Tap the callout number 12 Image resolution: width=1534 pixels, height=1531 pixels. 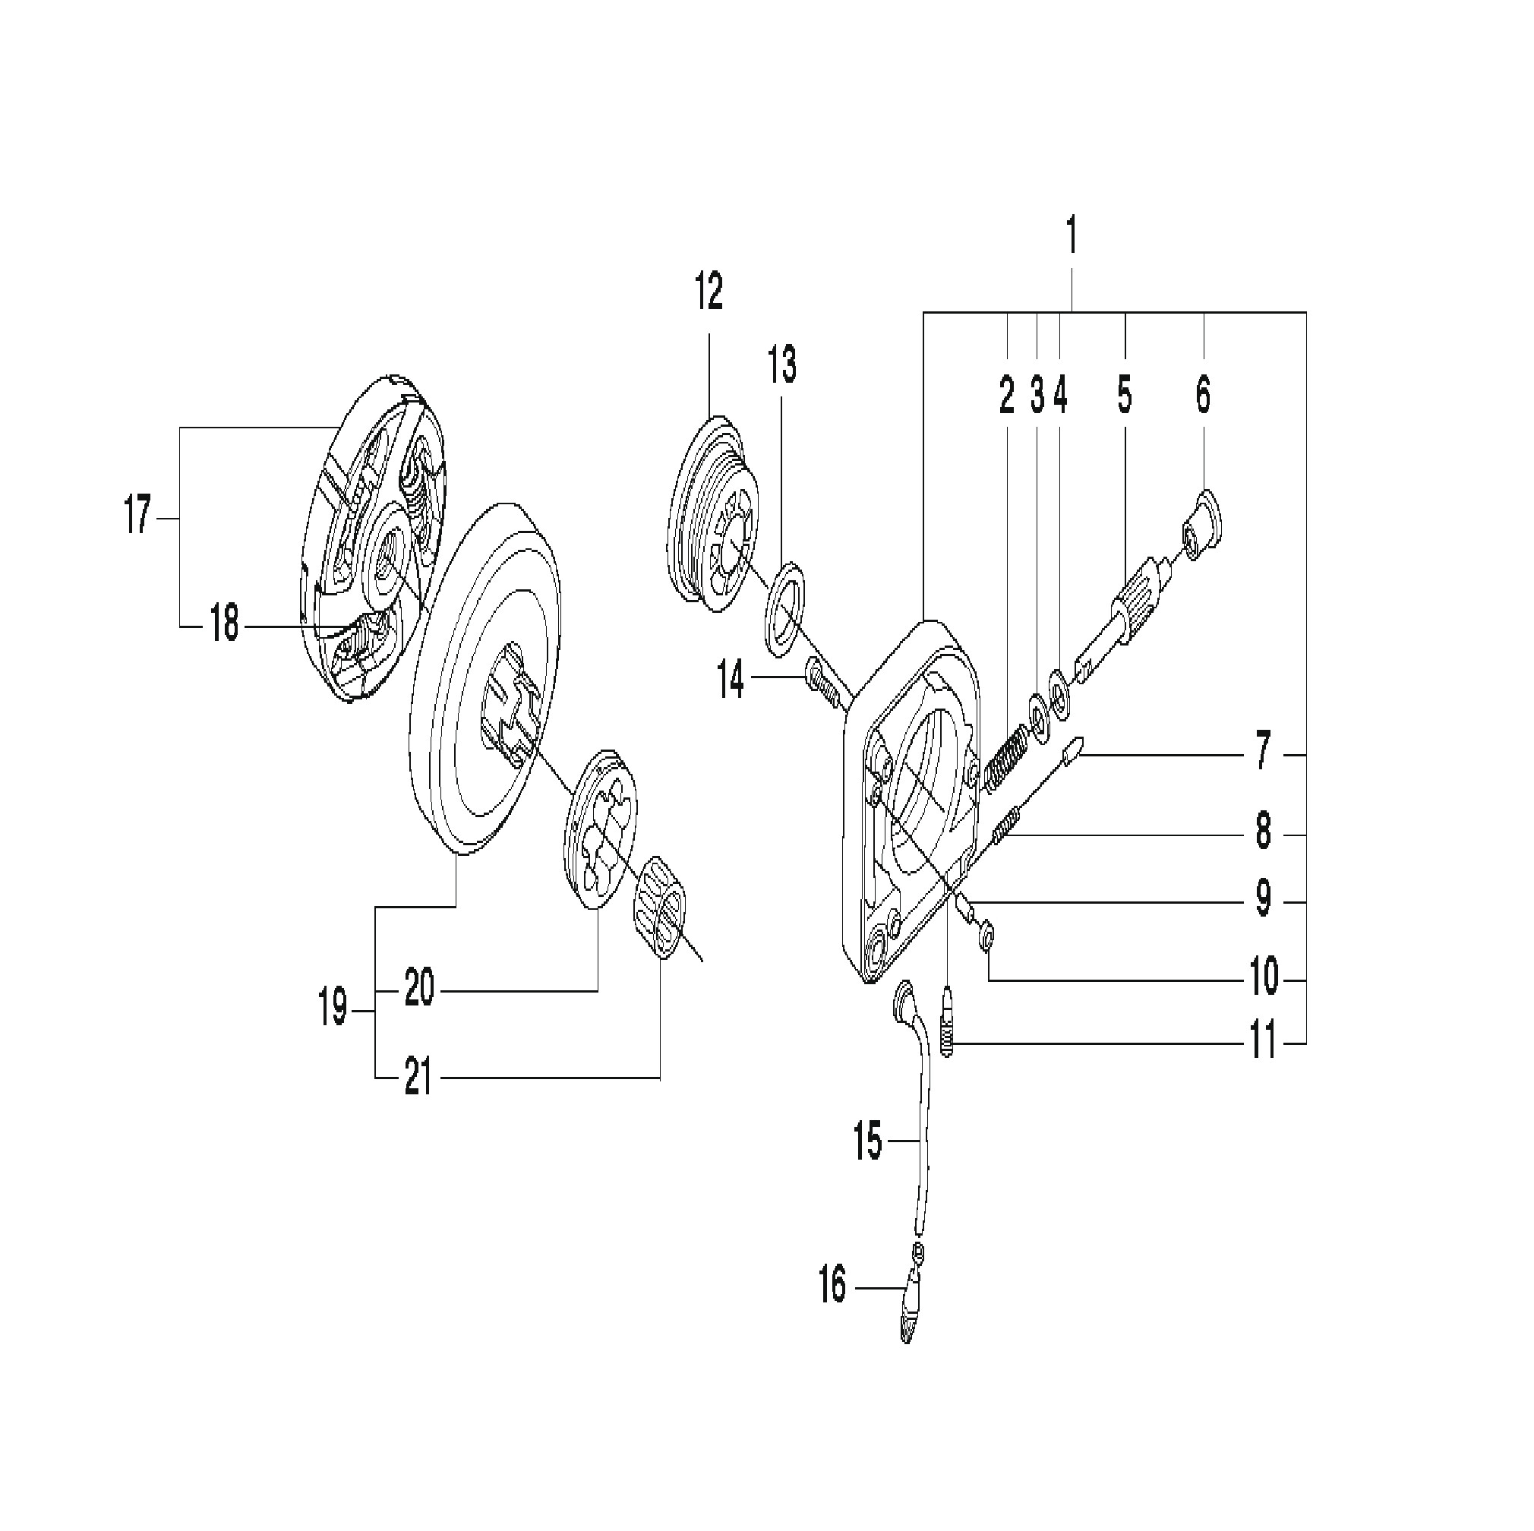709,292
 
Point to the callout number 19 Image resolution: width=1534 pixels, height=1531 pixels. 333,1010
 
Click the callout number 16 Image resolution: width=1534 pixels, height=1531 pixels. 833,1286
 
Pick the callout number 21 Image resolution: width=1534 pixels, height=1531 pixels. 418,1078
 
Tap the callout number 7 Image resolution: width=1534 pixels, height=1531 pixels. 1262,752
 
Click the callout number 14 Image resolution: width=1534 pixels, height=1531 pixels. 731,680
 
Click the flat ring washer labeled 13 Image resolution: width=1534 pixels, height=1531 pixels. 784,609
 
